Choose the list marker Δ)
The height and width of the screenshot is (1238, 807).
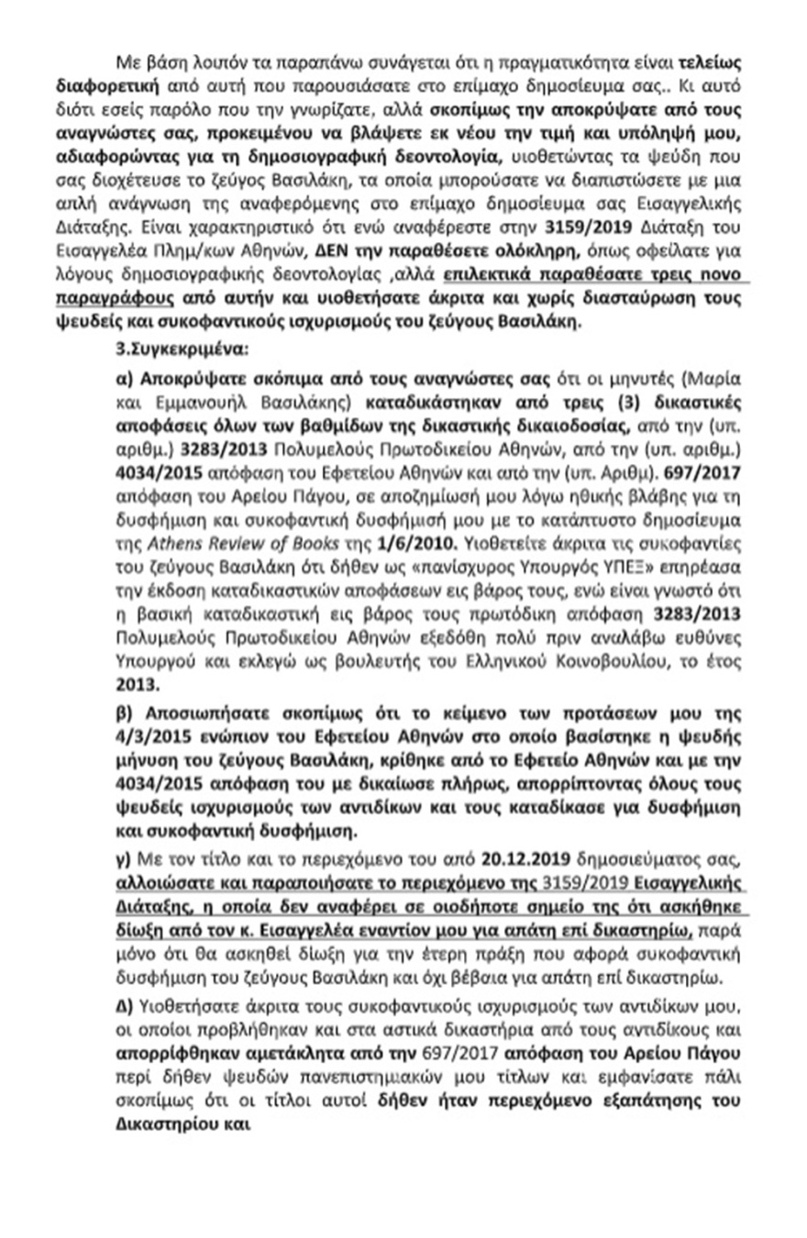point(127,995)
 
